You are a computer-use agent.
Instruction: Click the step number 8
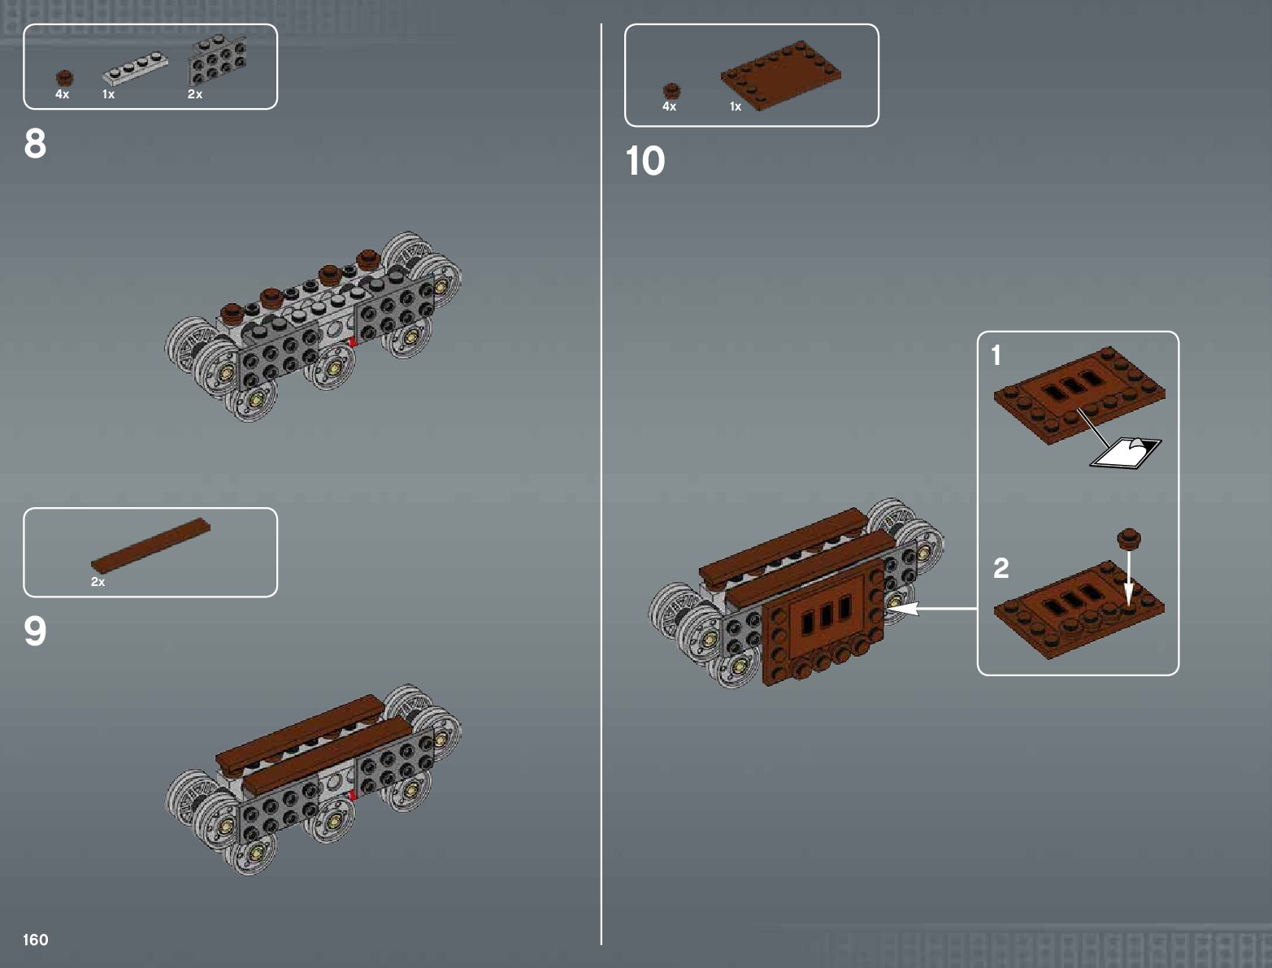tap(35, 144)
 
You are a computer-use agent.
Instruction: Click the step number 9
tap(35, 632)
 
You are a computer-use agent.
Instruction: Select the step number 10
tap(645, 161)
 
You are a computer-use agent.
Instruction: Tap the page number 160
tap(36, 940)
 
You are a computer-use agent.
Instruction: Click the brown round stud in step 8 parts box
tap(64, 78)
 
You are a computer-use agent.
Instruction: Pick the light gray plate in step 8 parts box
tap(135, 68)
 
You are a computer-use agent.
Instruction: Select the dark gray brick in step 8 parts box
tap(217, 61)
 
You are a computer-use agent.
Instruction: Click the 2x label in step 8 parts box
tap(195, 94)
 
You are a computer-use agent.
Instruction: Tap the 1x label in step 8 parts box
tap(108, 94)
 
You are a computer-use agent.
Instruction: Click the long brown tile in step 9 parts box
tap(150, 544)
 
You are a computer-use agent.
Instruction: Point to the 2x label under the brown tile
tap(98, 582)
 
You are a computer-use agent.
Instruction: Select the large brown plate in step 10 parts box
tap(780, 75)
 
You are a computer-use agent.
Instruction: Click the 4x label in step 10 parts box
tap(669, 106)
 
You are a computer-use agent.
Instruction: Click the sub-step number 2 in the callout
tap(1001, 567)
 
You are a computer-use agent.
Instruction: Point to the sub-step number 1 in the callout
tap(996, 355)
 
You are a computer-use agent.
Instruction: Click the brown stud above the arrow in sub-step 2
tap(1128, 537)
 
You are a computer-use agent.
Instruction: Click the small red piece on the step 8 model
tap(352, 342)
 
